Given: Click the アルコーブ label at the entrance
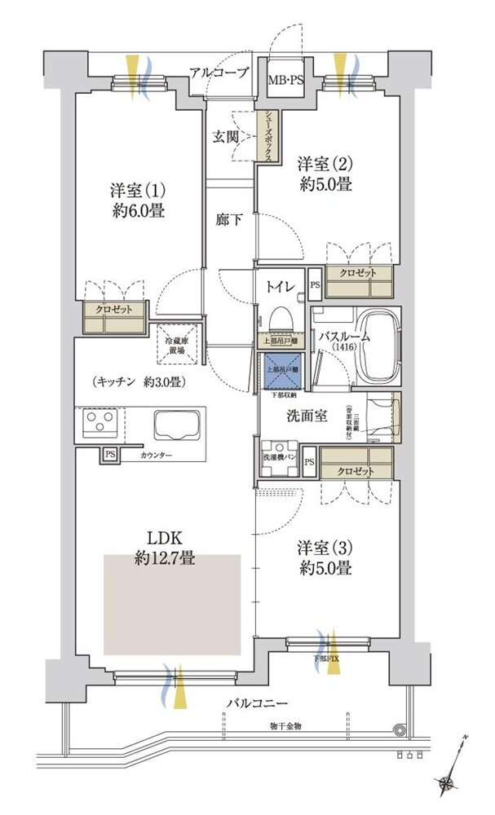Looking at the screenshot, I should [x=219, y=73].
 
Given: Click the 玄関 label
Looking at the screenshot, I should [x=226, y=137].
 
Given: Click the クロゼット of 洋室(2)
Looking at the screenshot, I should [x=358, y=282].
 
